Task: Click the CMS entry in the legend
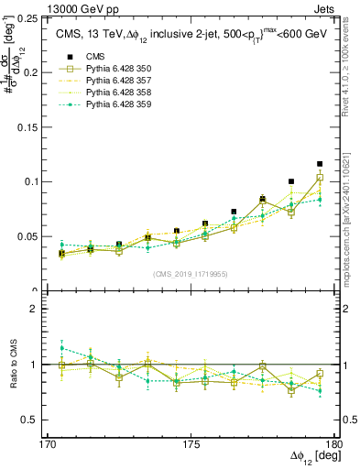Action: tap(95, 57)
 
